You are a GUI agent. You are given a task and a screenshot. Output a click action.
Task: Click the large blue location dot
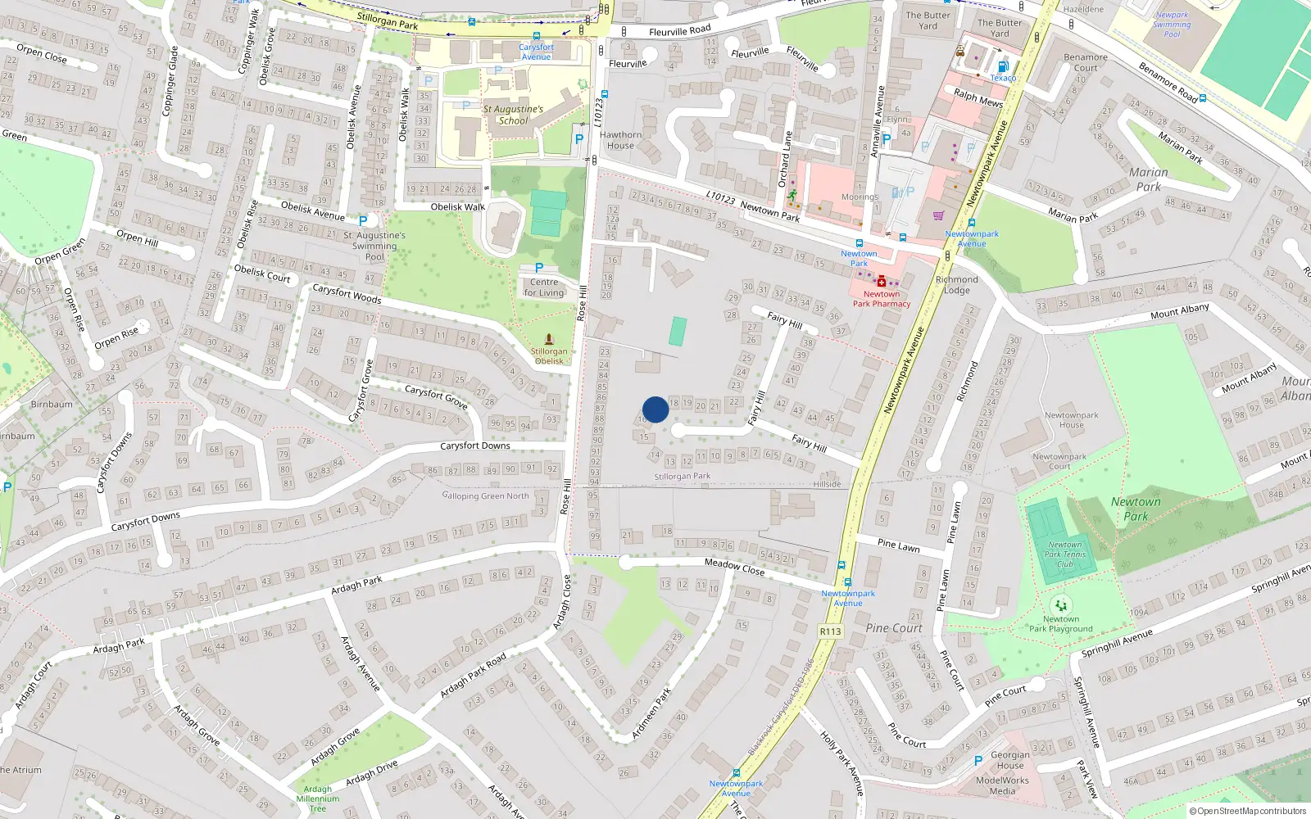[x=655, y=409]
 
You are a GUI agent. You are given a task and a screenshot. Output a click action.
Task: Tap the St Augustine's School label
[x=513, y=115]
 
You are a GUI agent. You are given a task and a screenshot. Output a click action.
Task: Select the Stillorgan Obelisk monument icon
[x=549, y=339]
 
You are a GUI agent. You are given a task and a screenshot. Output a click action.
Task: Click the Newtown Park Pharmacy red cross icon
[x=882, y=282]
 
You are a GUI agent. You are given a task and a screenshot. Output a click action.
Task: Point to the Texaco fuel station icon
[x=1001, y=67]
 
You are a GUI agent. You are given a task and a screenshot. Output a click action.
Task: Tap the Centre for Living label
[x=544, y=287]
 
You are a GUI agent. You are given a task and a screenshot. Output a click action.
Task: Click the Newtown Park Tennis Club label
[x=1064, y=554]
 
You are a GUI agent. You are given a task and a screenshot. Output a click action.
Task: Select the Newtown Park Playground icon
[x=1061, y=606]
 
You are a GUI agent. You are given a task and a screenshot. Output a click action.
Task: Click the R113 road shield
[x=830, y=631]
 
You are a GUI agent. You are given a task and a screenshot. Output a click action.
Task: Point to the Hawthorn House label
[x=620, y=140]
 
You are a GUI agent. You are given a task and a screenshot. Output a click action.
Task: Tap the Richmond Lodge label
[x=956, y=285]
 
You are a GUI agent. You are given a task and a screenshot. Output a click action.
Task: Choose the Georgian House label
[x=1010, y=760]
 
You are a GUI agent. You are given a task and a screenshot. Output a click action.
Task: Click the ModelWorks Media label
[x=1002, y=785]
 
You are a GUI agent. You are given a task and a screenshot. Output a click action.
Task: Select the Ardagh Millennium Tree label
[x=318, y=799]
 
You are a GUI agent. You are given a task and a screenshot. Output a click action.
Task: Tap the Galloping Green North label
[x=486, y=495]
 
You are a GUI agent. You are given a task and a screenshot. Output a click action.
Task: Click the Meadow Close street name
[x=734, y=566]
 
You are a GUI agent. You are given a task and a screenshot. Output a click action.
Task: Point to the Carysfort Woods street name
[x=347, y=292]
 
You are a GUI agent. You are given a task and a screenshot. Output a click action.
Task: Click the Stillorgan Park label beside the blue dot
[x=683, y=476]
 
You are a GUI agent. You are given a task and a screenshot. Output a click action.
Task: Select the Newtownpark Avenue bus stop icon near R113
[x=841, y=565]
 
